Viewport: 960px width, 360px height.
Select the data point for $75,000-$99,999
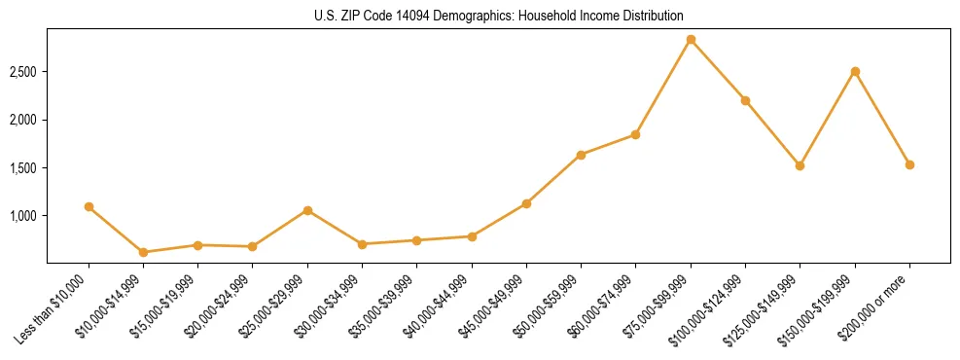point(691,40)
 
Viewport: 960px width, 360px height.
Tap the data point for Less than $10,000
point(89,206)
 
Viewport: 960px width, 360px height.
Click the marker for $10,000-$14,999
point(143,252)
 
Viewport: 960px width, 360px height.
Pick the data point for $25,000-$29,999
point(307,210)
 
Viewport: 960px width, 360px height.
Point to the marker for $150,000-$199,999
point(855,71)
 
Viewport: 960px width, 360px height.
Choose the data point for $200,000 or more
point(909,164)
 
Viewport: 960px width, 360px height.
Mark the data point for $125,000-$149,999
point(800,165)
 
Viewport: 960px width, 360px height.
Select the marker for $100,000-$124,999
point(745,100)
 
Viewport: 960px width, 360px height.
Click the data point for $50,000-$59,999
point(581,155)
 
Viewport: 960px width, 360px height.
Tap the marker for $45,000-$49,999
point(526,203)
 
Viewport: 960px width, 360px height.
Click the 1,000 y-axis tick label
point(23,216)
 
